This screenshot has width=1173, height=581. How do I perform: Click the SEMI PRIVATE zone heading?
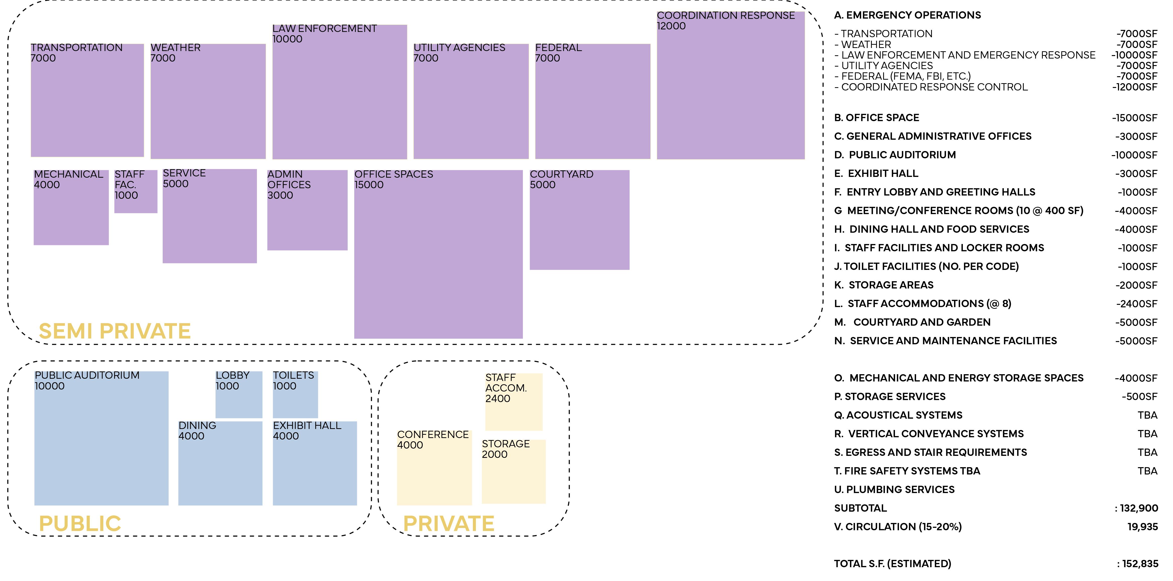point(115,331)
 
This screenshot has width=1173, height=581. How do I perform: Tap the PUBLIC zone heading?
point(80,524)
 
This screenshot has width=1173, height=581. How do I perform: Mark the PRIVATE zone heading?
point(448,524)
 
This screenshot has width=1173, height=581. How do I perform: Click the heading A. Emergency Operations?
point(907,15)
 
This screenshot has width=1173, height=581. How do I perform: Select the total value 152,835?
point(1140,564)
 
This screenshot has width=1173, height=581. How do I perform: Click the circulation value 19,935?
point(1143,527)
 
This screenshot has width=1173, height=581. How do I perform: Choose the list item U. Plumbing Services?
point(894,490)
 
